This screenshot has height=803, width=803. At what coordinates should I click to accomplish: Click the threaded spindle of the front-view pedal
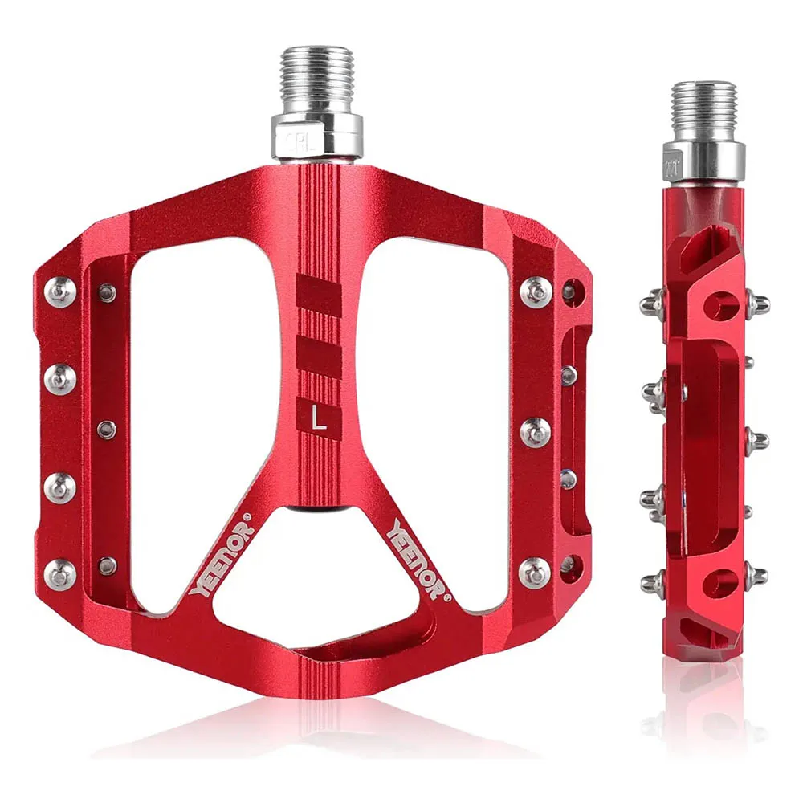point(316,80)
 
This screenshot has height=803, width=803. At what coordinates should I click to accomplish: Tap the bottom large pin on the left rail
point(60,572)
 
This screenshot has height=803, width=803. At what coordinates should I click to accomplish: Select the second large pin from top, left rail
point(60,377)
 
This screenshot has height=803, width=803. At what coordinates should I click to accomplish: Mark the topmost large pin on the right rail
point(536,291)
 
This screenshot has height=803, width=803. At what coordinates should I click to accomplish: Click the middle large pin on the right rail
point(536,432)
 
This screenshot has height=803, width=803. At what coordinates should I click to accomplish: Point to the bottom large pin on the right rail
point(536,572)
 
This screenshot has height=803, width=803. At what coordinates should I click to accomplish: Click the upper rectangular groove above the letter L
point(319,294)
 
